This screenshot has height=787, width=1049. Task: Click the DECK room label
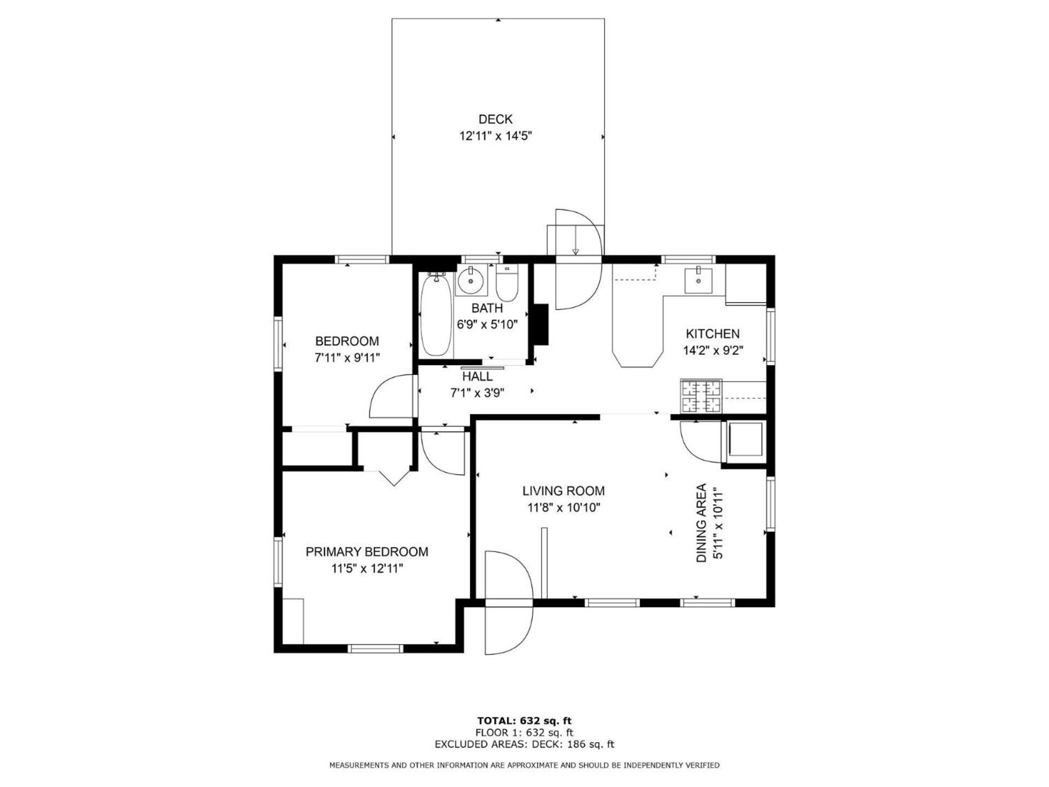point(496,119)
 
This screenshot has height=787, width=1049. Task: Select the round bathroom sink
point(470,281)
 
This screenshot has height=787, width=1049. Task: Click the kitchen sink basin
point(699,280)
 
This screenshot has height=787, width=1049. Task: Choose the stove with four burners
point(701,396)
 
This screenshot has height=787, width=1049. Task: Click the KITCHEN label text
point(712,334)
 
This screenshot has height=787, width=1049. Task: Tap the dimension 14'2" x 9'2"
point(712,351)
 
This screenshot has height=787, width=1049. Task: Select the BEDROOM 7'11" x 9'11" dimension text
point(347,358)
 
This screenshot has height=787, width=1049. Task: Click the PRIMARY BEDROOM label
point(367,552)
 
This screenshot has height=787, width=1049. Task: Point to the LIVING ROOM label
point(563,491)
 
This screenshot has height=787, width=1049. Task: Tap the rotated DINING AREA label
point(702,523)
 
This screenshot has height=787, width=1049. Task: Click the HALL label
point(477,377)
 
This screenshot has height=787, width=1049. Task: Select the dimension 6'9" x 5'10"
point(487,325)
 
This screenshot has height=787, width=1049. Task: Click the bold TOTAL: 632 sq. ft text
point(524,721)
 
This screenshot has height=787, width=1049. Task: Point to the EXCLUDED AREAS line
point(524,744)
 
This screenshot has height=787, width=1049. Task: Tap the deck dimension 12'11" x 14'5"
point(496,136)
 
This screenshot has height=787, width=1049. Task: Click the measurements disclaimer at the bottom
point(524,766)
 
